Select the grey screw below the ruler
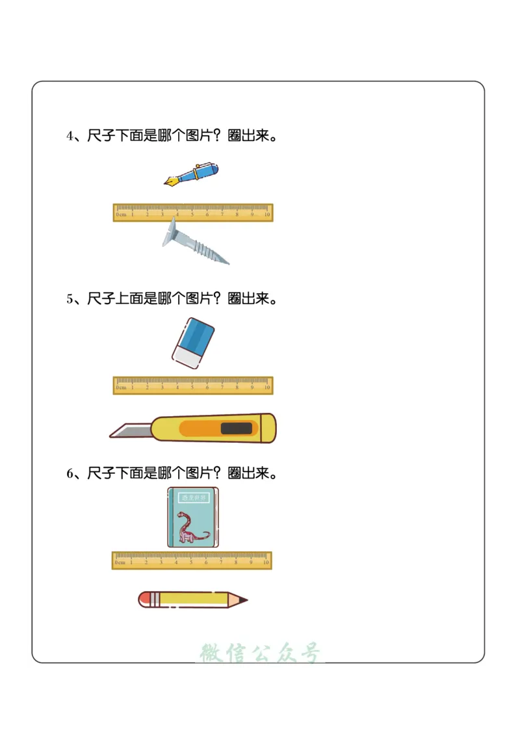click(x=194, y=243)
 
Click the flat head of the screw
click(x=171, y=233)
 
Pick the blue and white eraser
click(x=193, y=343)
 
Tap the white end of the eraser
click(x=187, y=357)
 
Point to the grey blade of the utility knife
click(x=130, y=430)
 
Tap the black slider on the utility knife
click(x=237, y=428)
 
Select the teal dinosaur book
click(x=193, y=518)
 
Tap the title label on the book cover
click(x=193, y=498)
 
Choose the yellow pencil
click(x=192, y=599)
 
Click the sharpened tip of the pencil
click(x=243, y=599)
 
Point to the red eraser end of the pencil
click(x=144, y=599)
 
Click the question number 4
click(x=70, y=137)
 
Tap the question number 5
click(x=70, y=299)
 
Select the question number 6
click(x=70, y=474)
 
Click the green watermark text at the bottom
click(x=260, y=653)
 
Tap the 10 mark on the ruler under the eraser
click(x=266, y=388)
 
